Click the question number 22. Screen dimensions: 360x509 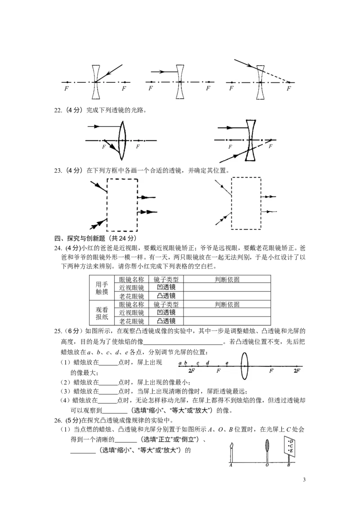tap(58, 110)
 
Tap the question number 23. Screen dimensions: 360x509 tap(58, 170)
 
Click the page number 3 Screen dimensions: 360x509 tap(304, 480)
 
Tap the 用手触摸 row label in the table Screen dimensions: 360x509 tap(102, 288)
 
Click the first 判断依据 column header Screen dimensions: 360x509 tap(227, 280)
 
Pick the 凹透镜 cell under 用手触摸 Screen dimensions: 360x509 tap(166, 288)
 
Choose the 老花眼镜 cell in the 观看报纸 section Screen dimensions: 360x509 tap(131, 321)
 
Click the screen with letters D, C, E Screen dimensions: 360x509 tap(290, 446)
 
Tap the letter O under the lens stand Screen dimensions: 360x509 tap(267, 465)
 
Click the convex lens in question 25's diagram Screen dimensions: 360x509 tap(244, 366)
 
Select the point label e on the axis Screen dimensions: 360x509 tap(227, 363)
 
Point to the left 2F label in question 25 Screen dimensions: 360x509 tap(191, 371)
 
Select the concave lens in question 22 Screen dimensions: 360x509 tap(251, 140)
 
